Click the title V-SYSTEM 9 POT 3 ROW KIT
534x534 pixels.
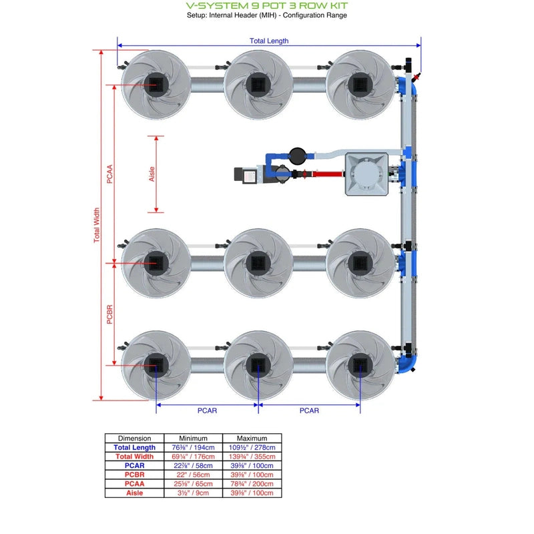pos(266,5)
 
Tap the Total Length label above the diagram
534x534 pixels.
pos(269,41)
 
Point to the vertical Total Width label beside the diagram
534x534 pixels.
pos(97,225)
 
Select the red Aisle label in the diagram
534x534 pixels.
pos(152,174)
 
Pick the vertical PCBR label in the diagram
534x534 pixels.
pos(110,314)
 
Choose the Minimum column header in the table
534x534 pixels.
pos(193,439)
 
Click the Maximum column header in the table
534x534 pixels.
pos(252,439)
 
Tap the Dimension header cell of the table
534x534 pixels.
pos(134,439)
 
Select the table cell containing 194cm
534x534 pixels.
pos(193,448)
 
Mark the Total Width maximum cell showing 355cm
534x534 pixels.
pos(252,457)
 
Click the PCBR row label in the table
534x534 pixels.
pos(134,475)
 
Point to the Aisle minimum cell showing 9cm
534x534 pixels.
pos(193,493)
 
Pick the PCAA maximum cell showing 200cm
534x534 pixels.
pos(252,484)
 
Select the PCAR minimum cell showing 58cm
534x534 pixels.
pos(193,466)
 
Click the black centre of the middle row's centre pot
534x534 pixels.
pos(257,262)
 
